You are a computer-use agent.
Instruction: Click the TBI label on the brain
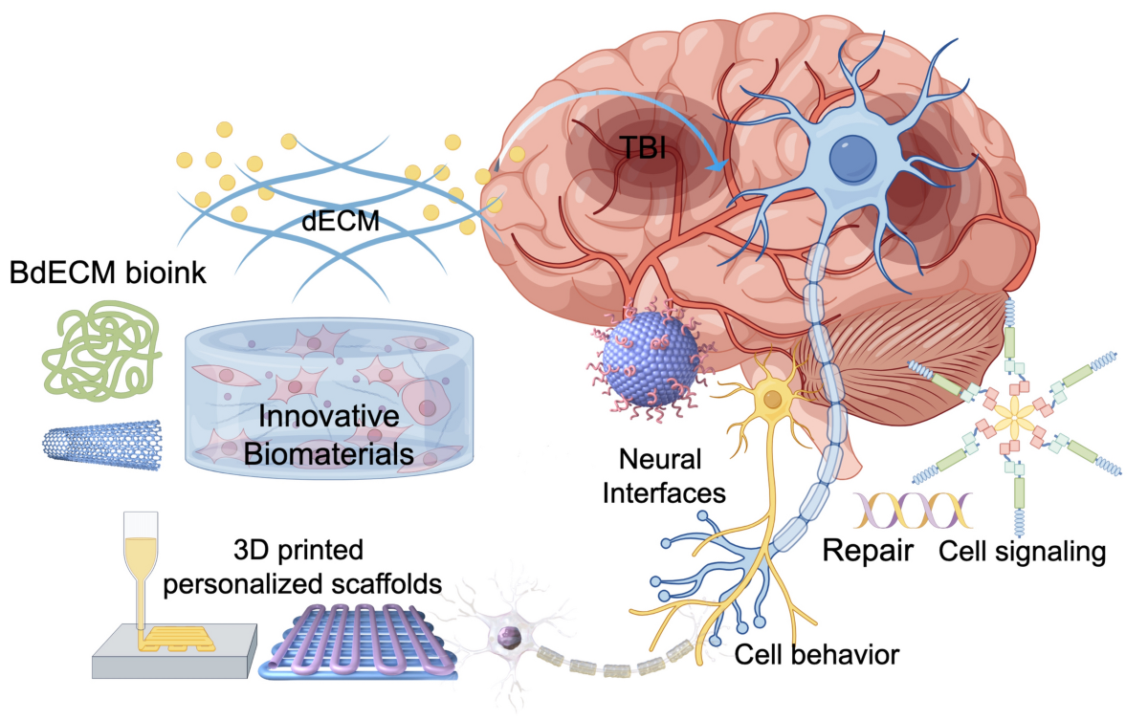tap(643, 147)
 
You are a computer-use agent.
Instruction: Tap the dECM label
tap(341, 221)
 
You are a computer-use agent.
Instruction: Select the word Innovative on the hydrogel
tap(329, 416)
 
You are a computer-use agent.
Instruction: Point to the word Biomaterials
tap(329, 454)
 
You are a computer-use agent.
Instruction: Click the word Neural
tap(660, 459)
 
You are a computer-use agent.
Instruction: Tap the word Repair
tap(869, 552)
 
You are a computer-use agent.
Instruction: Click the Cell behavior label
tap(817, 654)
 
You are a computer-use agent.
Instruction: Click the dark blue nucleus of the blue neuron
tap(852, 158)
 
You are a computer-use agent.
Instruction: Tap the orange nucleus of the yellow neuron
tap(773, 399)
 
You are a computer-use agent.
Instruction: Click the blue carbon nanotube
tap(102, 444)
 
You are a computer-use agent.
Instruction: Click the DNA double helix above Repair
tap(913, 511)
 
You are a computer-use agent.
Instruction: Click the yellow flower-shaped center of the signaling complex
tap(1014, 419)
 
